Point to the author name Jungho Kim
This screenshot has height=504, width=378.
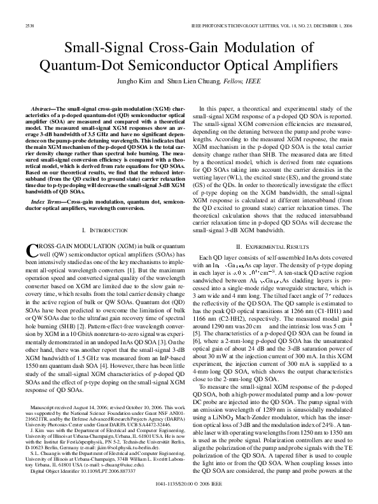coord(151,82)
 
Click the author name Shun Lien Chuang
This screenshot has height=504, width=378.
coord(206,82)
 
